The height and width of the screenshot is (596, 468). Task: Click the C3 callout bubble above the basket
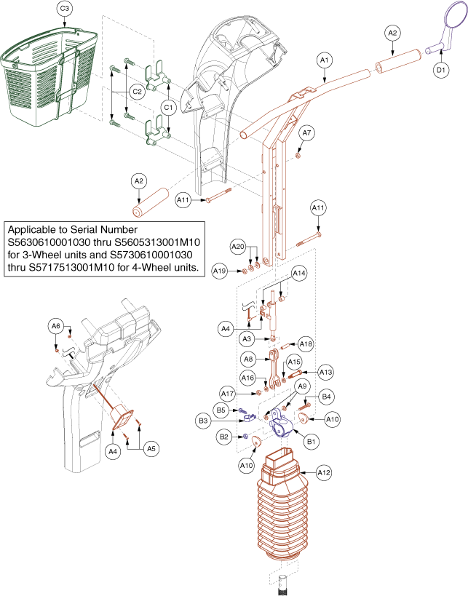tap(65, 8)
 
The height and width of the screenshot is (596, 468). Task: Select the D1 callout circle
tap(441, 70)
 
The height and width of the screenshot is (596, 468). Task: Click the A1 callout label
tap(324, 60)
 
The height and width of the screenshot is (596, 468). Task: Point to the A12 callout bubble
tap(324, 472)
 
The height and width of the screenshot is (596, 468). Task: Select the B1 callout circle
tap(311, 442)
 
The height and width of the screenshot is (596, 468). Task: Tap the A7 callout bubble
tap(306, 133)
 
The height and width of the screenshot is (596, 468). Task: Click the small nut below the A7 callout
tap(298, 155)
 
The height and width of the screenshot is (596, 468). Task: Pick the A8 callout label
tap(248, 359)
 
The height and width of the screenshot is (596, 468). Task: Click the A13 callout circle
tap(325, 372)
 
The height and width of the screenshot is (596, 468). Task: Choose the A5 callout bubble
tap(151, 449)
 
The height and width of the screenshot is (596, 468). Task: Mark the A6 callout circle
tap(56, 326)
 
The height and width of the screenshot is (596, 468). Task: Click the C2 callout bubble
tap(137, 92)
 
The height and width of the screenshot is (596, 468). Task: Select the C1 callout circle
tap(168, 108)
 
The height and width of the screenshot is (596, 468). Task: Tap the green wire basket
tap(49, 76)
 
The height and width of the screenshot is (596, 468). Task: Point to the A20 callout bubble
tap(238, 247)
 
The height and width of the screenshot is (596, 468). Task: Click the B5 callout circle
tap(221, 410)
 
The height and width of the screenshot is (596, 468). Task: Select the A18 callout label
tap(306, 344)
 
